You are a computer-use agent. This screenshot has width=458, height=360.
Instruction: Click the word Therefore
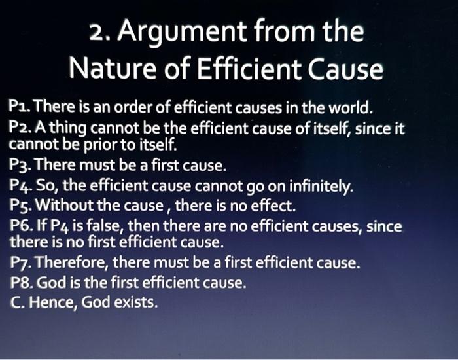(68, 264)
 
